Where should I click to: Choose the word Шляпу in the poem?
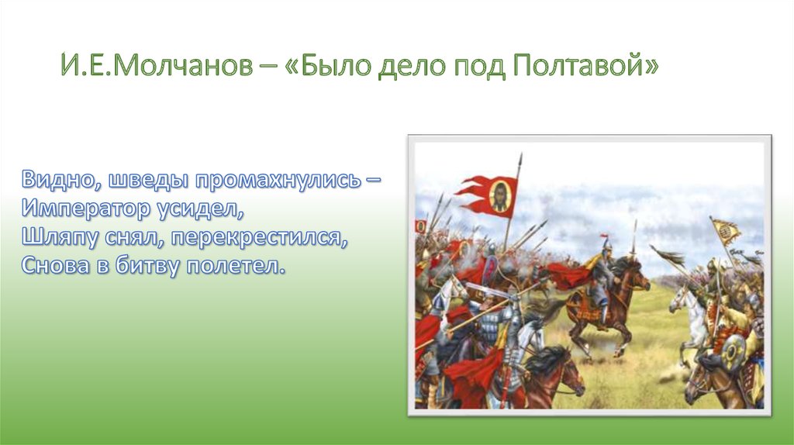coord(60,237)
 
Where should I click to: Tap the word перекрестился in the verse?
coord(259,237)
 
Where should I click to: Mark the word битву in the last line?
coord(147,266)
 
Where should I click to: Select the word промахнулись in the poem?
coord(278,180)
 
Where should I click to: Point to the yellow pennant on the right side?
coord(726,231)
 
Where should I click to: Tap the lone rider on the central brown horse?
coord(602,276)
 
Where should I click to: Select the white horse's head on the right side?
coord(679,300)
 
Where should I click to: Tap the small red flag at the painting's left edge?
coord(421,226)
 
